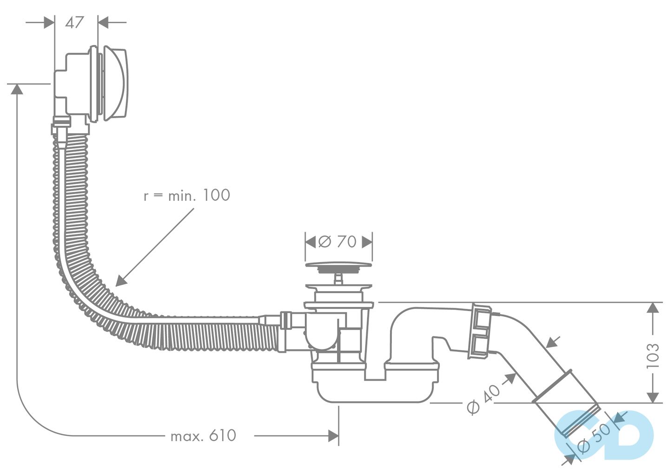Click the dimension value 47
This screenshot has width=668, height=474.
pyautogui.click(x=74, y=22)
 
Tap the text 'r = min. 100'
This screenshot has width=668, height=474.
pyautogui.click(x=187, y=195)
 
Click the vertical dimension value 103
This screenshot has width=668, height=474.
pyautogui.click(x=653, y=355)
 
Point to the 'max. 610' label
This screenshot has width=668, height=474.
pyautogui.click(x=204, y=436)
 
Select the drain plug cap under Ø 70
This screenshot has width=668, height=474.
pyautogui.click(x=339, y=266)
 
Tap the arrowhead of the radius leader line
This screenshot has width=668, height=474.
pyautogui.click(x=120, y=281)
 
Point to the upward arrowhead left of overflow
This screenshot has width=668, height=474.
pyautogui.click(x=17, y=89)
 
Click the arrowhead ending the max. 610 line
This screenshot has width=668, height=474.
pyautogui.click(x=333, y=436)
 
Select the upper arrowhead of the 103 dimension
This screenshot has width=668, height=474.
pyautogui.click(x=653, y=308)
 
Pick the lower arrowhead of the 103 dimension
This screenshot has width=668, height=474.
pyautogui.click(x=653, y=397)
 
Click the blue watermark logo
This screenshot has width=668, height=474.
pyautogui.click(x=604, y=434)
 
